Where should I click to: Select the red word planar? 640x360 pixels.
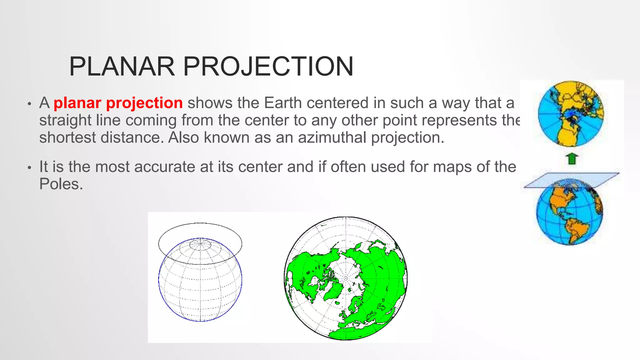pos(77,103)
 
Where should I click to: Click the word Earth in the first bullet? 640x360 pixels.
pos(283,103)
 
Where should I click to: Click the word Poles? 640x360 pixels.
pos(61,184)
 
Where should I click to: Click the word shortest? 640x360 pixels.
pos(67,137)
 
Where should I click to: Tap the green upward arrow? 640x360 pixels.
pos(572,159)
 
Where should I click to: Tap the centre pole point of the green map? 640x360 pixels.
pos(346,278)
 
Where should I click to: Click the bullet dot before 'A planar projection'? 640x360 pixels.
pos(29,104)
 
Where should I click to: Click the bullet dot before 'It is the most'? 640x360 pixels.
pos(29,168)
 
